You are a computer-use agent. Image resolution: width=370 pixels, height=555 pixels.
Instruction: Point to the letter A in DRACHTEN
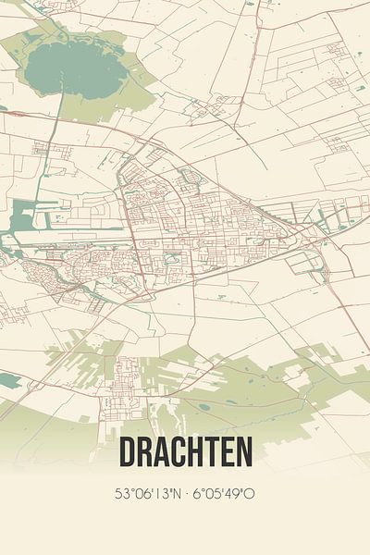(163, 452)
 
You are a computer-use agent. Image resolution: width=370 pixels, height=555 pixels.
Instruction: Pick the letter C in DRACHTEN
(180, 452)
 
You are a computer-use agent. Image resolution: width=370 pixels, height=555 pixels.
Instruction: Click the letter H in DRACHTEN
(198, 452)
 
